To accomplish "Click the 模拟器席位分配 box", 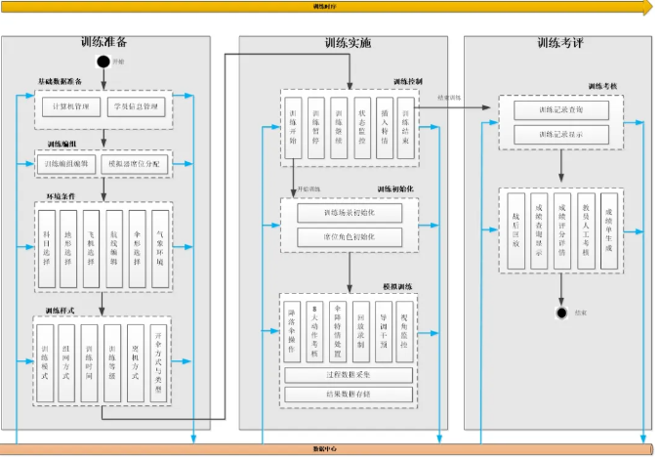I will click(136, 165).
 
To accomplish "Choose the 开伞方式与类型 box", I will click(159, 360).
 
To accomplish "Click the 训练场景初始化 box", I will click(349, 213).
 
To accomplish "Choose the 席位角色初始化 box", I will click(349, 237).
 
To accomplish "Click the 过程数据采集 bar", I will click(349, 374).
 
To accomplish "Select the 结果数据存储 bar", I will click(349, 394).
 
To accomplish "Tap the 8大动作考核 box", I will click(314, 328).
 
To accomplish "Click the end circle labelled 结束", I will click(561, 313).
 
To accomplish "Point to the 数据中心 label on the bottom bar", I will click(325, 449).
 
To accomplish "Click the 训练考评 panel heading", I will click(560, 43).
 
